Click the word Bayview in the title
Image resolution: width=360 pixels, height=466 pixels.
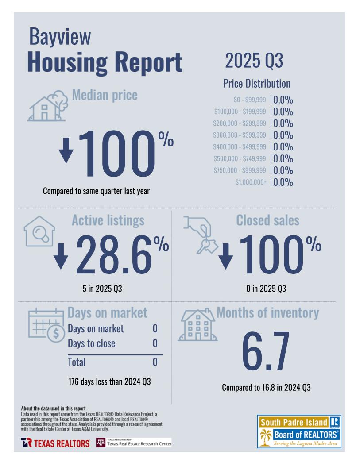(x=60, y=37)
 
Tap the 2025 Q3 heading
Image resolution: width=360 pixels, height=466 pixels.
(x=254, y=61)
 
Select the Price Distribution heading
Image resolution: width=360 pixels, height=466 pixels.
(x=257, y=83)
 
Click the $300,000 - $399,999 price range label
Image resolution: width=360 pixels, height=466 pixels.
(x=240, y=135)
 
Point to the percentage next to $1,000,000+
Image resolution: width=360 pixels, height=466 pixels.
(x=283, y=182)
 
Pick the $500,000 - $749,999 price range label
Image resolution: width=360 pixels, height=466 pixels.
(x=240, y=158)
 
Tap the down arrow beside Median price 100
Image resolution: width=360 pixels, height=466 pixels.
(x=66, y=150)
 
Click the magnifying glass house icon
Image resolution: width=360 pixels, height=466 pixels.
(x=39, y=231)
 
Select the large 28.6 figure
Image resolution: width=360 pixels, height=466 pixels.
(x=114, y=254)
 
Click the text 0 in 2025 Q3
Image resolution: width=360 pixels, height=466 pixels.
(x=266, y=289)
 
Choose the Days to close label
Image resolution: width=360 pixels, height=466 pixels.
(x=91, y=343)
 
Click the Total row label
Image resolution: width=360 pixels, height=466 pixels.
(x=77, y=362)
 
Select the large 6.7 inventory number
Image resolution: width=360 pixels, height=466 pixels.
(x=266, y=350)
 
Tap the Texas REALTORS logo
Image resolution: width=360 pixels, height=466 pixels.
(x=55, y=443)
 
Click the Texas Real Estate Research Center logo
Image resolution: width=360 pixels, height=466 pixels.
(x=133, y=443)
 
